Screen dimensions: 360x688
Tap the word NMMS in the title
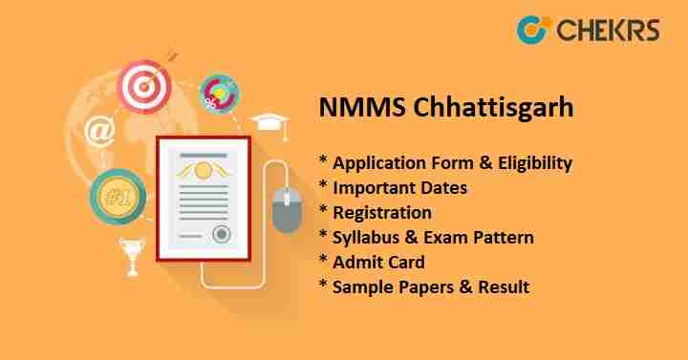tap(349, 108)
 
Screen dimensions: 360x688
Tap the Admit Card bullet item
tap(373, 262)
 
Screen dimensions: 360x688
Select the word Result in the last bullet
tap(503, 286)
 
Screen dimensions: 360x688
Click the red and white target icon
tap(143, 85)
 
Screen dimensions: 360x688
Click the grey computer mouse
tap(286, 210)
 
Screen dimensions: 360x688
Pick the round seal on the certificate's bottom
tap(222, 234)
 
